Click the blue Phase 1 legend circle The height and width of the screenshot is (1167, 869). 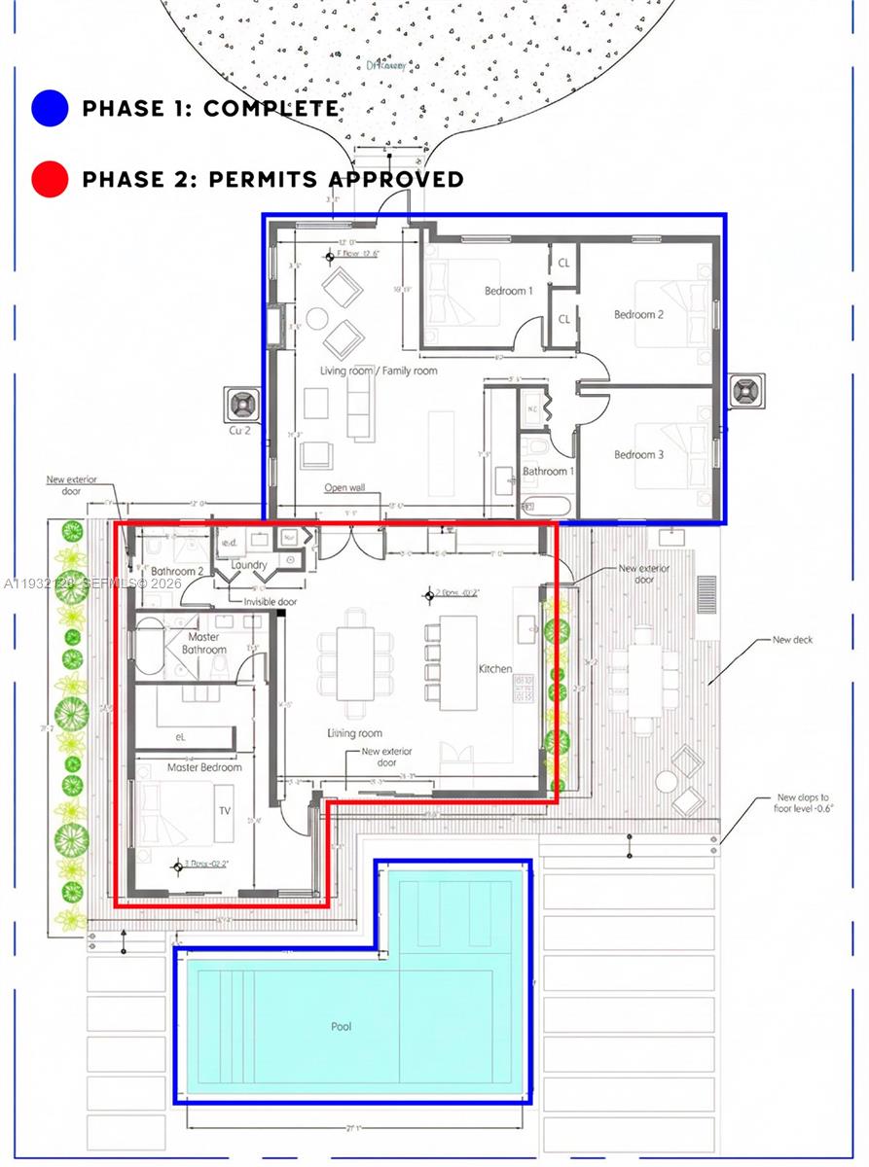49,108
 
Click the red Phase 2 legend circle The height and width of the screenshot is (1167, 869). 49,179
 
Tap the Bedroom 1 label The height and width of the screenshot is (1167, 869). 509,291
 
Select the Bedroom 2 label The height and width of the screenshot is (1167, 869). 638,314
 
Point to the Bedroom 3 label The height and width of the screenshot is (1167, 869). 638,454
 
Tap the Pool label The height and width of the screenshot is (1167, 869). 341,1026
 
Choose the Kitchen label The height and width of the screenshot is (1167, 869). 494,669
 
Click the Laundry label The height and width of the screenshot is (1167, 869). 249,565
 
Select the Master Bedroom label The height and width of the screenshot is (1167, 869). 203,767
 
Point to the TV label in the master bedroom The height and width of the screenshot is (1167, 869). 224,809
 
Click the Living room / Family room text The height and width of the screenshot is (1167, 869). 379,371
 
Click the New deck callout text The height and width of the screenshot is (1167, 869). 792,640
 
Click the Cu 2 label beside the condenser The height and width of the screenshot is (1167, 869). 238,428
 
